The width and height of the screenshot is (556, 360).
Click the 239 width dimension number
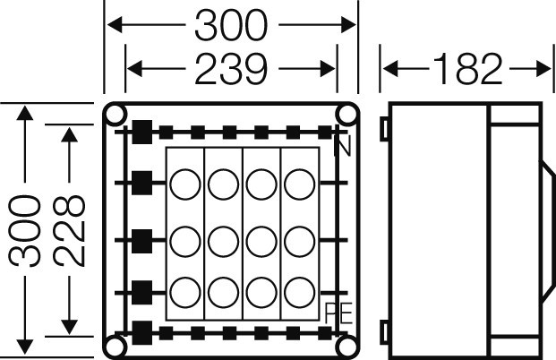point(232,69)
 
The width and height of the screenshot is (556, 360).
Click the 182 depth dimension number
point(466,69)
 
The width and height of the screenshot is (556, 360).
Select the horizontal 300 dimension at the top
point(231,28)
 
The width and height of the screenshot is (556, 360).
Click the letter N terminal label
point(341,145)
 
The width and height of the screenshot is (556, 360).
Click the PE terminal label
point(337,313)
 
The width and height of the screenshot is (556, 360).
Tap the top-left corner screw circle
point(116,116)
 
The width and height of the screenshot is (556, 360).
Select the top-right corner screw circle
point(347,115)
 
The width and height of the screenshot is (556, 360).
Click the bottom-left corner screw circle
point(116,347)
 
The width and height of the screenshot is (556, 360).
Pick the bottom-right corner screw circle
point(347,347)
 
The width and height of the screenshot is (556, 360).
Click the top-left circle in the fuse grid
point(184,185)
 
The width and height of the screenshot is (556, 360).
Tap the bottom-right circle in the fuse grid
point(299,292)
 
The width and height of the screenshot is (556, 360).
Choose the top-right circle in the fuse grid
point(299,185)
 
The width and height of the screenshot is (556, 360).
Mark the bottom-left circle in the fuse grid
point(184,292)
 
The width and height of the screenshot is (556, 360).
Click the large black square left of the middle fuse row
point(141,240)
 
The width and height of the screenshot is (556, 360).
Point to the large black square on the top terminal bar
point(141,133)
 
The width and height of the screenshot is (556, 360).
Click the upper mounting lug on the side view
point(385,130)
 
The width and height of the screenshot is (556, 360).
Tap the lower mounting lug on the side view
point(385,331)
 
